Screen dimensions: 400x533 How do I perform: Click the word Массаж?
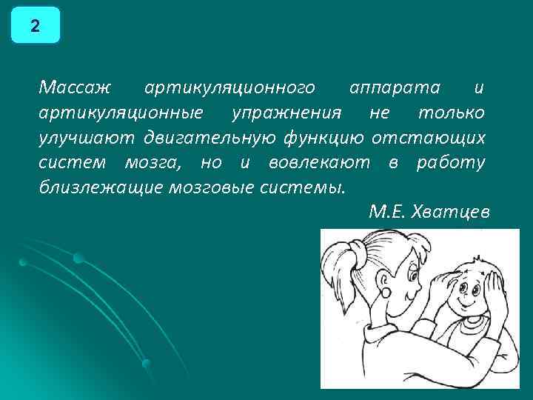coord(74,88)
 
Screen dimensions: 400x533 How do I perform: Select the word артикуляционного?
coord(229,88)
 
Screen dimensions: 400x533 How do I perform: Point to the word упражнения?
coord(286,113)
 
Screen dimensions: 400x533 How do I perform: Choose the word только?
coord(452,113)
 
